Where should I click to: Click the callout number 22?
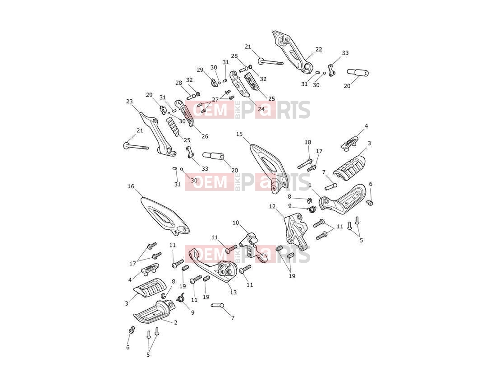point(319,49)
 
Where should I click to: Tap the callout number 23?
point(129,101)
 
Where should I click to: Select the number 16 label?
point(131,186)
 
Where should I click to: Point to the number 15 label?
point(239,134)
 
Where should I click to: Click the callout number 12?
point(272,206)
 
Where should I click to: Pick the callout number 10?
point(236,223)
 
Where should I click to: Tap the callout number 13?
point(233,293)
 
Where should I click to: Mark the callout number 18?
point(308,142)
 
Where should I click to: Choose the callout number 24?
point(261,109)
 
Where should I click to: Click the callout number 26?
point(205,136)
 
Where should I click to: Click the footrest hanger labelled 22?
point(293,50)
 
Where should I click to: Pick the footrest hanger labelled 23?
point(158,133)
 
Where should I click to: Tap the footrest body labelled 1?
point(343,198)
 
